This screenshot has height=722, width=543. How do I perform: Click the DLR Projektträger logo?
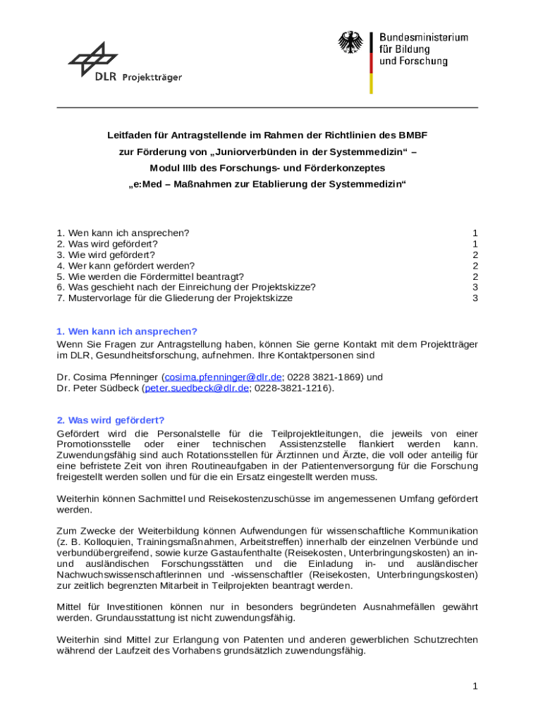click(124, 63)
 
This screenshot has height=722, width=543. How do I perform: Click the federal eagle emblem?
click(350, 44)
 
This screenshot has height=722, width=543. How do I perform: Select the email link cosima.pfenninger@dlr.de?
click(223, 377)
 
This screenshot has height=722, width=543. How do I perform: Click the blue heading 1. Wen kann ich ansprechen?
click(127, 331)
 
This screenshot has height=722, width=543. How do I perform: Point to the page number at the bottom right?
click(475, 686)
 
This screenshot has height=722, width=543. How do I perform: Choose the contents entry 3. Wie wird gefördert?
click(106, 255)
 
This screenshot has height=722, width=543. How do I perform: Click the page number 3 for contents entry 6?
click(475, 287)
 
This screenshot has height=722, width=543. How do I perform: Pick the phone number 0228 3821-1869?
click(324, 377)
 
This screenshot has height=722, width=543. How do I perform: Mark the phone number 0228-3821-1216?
click(293, 388)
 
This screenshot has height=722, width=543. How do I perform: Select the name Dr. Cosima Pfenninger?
click(108, 377)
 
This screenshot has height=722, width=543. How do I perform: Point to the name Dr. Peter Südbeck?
click(98, 388)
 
